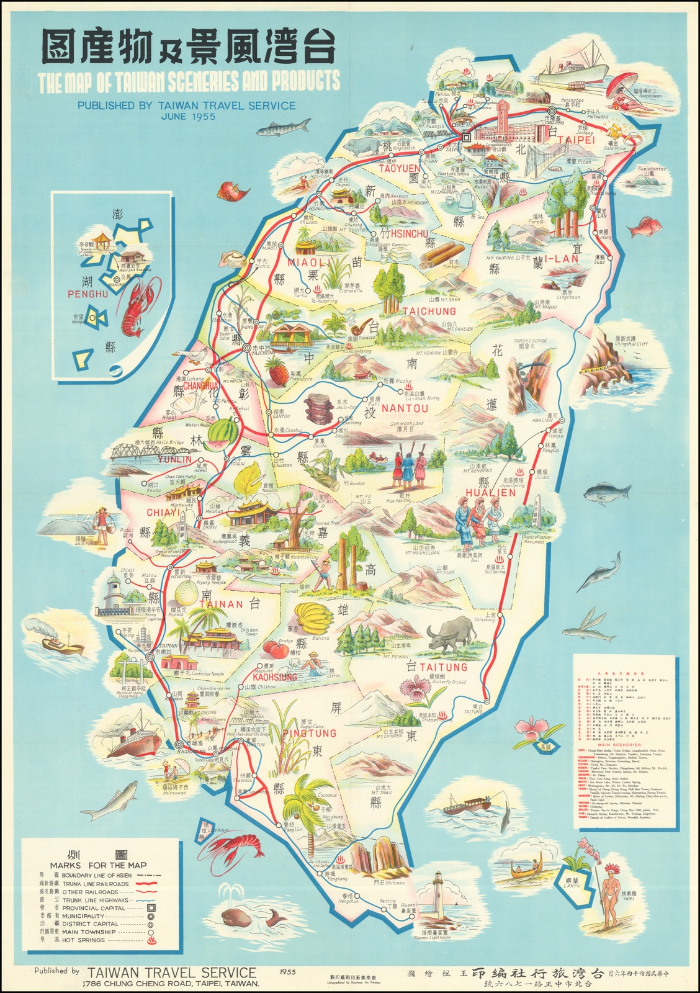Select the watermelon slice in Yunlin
[220, 433]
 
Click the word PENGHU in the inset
[87, 293]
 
